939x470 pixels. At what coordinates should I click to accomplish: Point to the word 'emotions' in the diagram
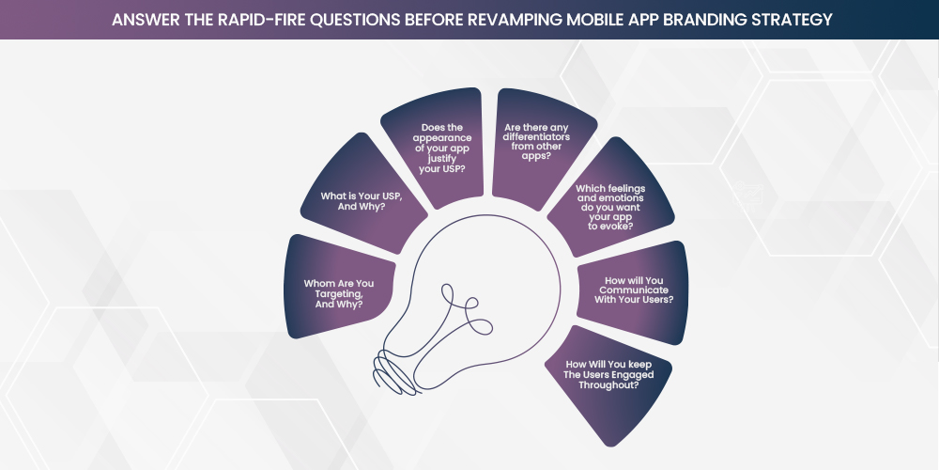click(610, 198)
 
